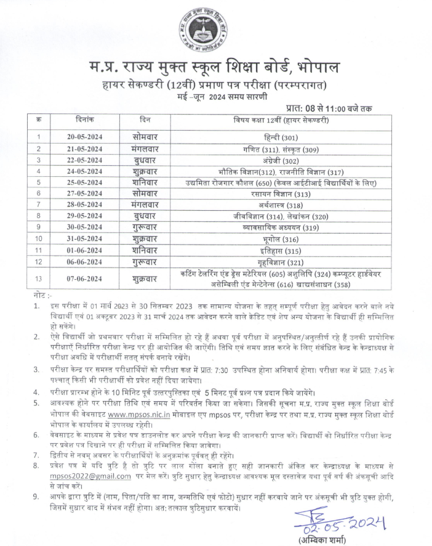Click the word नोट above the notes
(39, 297)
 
